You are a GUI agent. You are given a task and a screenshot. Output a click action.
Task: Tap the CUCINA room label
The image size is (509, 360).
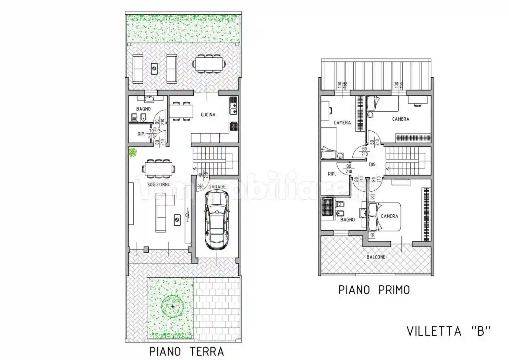208,115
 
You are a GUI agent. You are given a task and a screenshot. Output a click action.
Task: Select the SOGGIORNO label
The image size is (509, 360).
159,184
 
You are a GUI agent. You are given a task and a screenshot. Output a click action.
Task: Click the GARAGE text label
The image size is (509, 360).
217,187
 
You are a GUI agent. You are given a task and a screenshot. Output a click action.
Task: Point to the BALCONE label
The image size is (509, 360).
376,257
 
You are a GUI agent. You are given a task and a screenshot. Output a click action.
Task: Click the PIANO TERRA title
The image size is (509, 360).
186,351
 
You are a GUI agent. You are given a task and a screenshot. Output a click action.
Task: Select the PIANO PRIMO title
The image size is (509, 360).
374,290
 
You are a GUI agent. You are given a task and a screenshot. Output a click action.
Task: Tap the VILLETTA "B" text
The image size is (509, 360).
448,331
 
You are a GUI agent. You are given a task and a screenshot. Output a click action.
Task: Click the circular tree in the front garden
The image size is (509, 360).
172,306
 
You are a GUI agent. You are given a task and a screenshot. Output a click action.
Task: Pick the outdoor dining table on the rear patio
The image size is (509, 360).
209,64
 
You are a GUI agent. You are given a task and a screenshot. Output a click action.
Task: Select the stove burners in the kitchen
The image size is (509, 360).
234,126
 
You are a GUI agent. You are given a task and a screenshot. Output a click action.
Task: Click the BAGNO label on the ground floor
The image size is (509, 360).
143,109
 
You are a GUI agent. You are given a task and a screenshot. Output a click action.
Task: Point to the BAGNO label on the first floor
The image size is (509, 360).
347,219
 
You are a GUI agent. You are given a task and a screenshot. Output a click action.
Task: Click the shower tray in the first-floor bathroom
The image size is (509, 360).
327,207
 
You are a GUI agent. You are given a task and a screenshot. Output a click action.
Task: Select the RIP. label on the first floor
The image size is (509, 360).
331,174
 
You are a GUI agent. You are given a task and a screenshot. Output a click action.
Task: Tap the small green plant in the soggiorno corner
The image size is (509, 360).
132,152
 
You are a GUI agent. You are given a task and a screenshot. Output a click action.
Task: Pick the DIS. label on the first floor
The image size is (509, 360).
373,165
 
